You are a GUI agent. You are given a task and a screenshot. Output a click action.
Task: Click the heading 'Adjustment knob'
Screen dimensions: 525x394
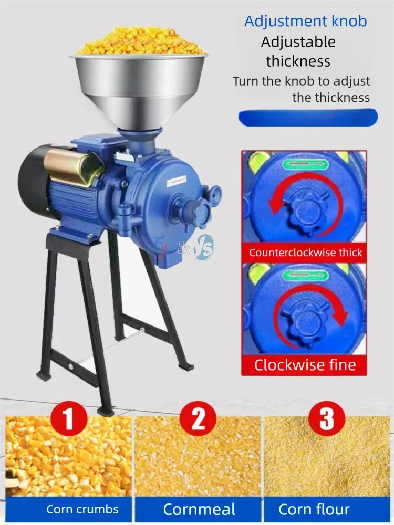[x=305, y=22]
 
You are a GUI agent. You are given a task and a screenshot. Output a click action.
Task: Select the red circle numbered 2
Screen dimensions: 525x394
[x=198, y=419]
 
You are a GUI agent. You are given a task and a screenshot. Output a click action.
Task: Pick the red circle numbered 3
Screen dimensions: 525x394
[x=327, y=419]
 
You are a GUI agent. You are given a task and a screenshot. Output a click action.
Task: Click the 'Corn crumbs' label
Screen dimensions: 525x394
[x=82, y=509]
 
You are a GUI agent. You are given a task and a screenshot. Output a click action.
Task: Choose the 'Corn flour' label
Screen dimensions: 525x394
[x=314, y=509]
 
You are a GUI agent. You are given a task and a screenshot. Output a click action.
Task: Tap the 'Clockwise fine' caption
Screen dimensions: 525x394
[x=305, y=364]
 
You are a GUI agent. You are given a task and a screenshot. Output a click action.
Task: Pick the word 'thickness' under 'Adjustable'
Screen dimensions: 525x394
[x=298, y=61]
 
